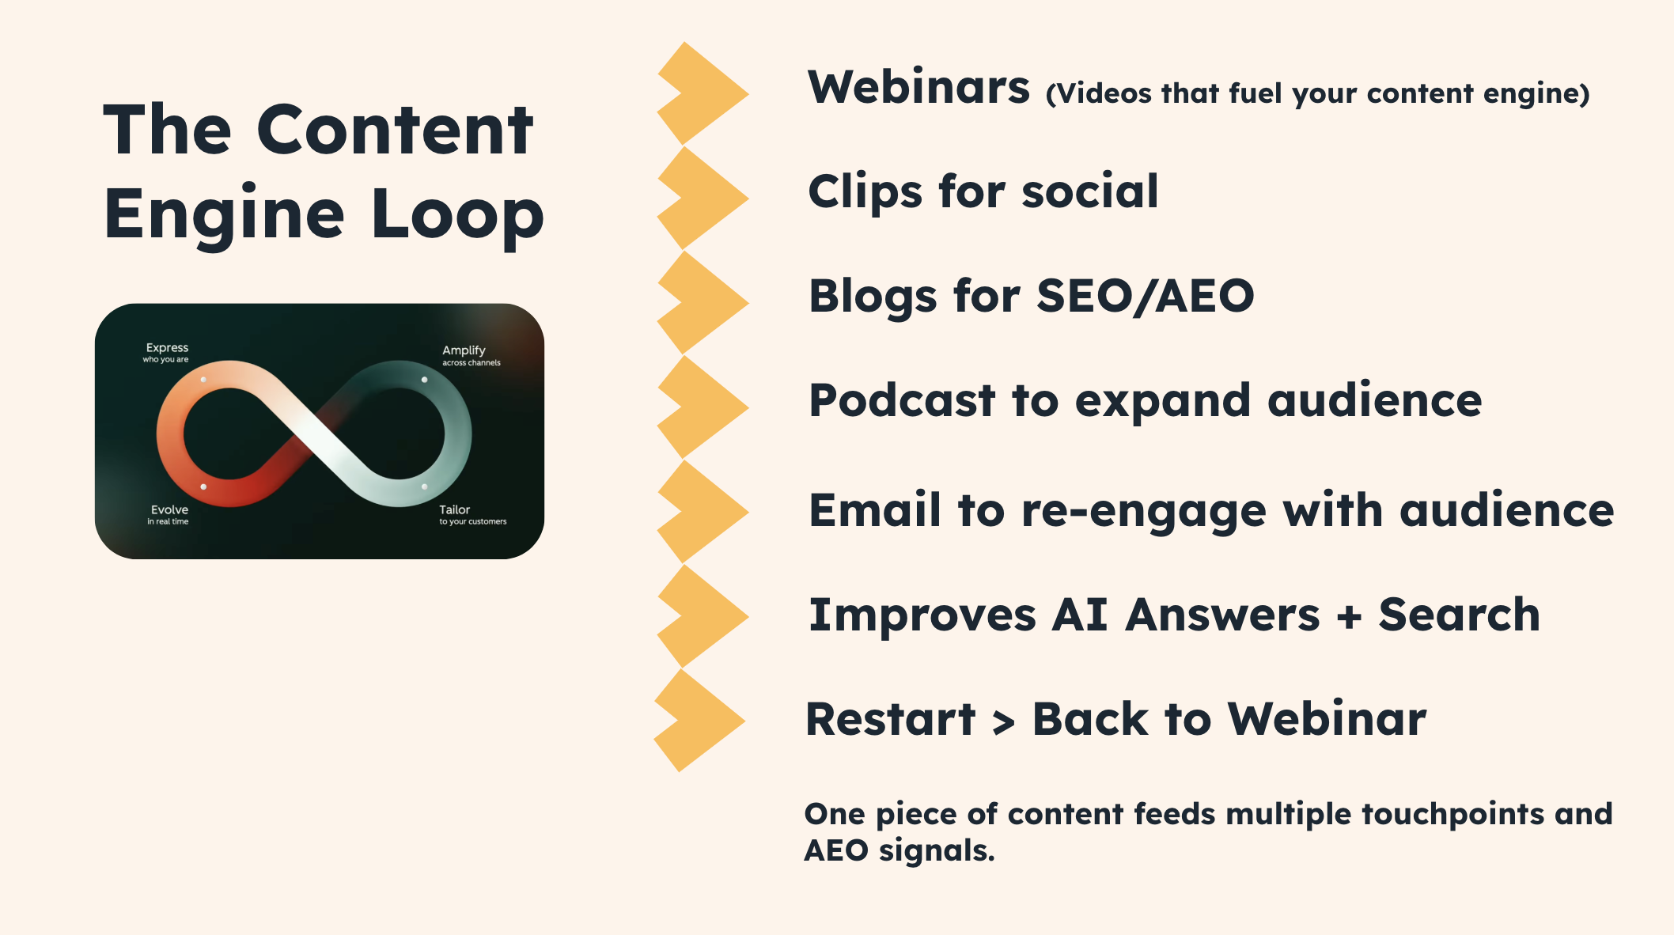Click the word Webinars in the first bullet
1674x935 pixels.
(918, 87)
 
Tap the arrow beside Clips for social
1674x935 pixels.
(703, 198)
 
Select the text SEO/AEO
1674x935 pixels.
(1146, 297)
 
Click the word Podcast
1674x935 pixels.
(901, 400)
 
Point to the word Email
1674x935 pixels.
(875, 509)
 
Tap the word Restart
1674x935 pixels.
(891, 720)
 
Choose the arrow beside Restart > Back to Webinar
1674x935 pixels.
(699, 720)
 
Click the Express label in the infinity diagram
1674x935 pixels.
(167, 348)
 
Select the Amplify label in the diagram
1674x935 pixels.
(464, 350)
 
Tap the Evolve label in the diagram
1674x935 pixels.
(169, 510)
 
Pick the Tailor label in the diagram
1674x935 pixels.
(455, 510)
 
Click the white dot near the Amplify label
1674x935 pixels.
(425, 380)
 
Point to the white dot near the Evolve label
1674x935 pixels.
(203, 486)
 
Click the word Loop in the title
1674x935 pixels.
(457, 215)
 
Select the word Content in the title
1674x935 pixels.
(395, 131)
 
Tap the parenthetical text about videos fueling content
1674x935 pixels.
(1318, 94)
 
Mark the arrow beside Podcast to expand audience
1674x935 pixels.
(703, 407)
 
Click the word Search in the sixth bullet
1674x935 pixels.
(1460, 615)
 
